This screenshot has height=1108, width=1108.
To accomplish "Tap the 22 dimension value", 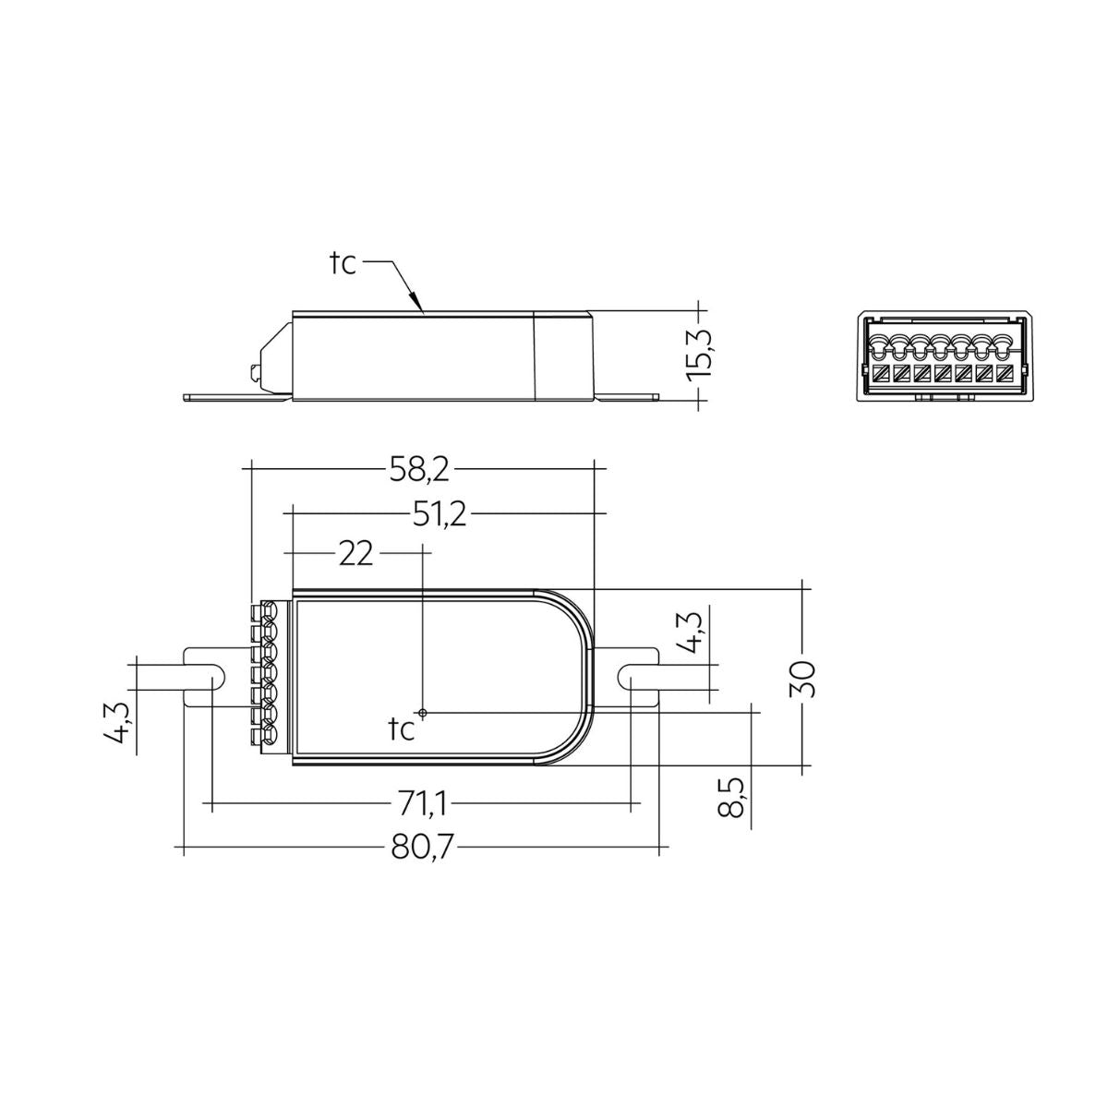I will (x=356, y=554).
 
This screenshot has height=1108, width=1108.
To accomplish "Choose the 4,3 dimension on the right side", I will (x=698, y=632).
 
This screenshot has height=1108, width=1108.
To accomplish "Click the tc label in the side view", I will (x=343, y=264).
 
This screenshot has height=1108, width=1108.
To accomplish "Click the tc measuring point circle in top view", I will (x=422, y=713).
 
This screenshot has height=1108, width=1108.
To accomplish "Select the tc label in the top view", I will (x=402, y=729).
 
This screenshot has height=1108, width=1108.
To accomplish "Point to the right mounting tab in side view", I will (x=628, y=398).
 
